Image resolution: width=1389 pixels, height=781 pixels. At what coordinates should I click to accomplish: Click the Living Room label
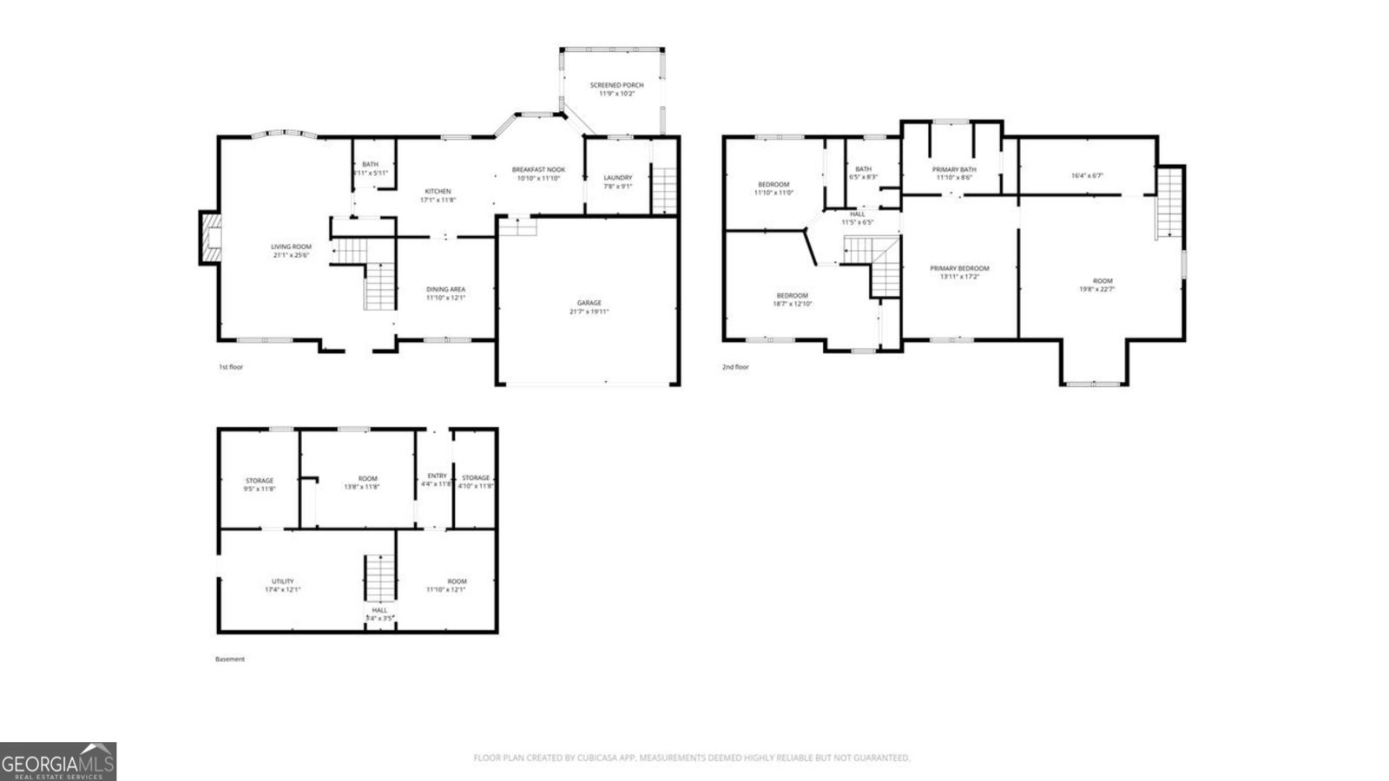(291, 246)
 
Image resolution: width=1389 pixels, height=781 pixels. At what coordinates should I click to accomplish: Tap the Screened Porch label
(617, 85)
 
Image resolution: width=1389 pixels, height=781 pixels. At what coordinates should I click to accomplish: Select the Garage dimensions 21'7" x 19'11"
(589, 312)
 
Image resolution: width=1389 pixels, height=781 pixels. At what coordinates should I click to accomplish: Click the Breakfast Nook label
(538, 169)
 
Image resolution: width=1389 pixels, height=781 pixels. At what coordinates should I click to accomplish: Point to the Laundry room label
(618, 178)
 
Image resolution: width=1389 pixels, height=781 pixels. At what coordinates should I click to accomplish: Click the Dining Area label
(445, 289)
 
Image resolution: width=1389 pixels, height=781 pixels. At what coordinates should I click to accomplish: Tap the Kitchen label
(438, 191)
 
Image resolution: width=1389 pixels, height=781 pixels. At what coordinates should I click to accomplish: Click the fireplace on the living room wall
(209, 239)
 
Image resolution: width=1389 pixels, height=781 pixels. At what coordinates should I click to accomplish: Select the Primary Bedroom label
(959, 268)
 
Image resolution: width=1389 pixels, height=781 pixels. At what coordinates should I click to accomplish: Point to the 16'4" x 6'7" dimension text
(1087, 175)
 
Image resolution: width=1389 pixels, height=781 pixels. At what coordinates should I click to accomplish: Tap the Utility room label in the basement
(282, 581)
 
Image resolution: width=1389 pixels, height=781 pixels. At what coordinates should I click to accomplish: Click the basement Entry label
(437, 476)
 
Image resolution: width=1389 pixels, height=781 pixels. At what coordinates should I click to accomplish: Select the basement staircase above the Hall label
(379, 578)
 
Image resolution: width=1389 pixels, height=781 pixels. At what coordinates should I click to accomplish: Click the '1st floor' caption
(231, 367)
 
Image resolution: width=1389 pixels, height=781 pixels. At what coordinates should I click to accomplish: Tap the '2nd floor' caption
(735, 367)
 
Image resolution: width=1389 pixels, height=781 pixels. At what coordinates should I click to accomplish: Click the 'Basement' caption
(230, 659)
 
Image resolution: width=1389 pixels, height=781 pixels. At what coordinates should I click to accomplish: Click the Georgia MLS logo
(58, 762)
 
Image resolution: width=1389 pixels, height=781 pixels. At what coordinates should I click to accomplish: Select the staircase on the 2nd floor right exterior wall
(1168, 202)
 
